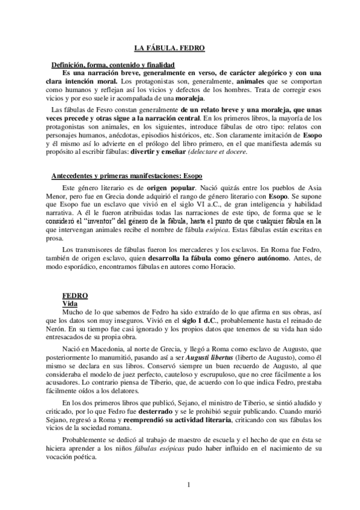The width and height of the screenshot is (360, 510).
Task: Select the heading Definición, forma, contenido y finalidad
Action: (112, 64)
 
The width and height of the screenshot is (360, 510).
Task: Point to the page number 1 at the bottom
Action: (188, 485)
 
